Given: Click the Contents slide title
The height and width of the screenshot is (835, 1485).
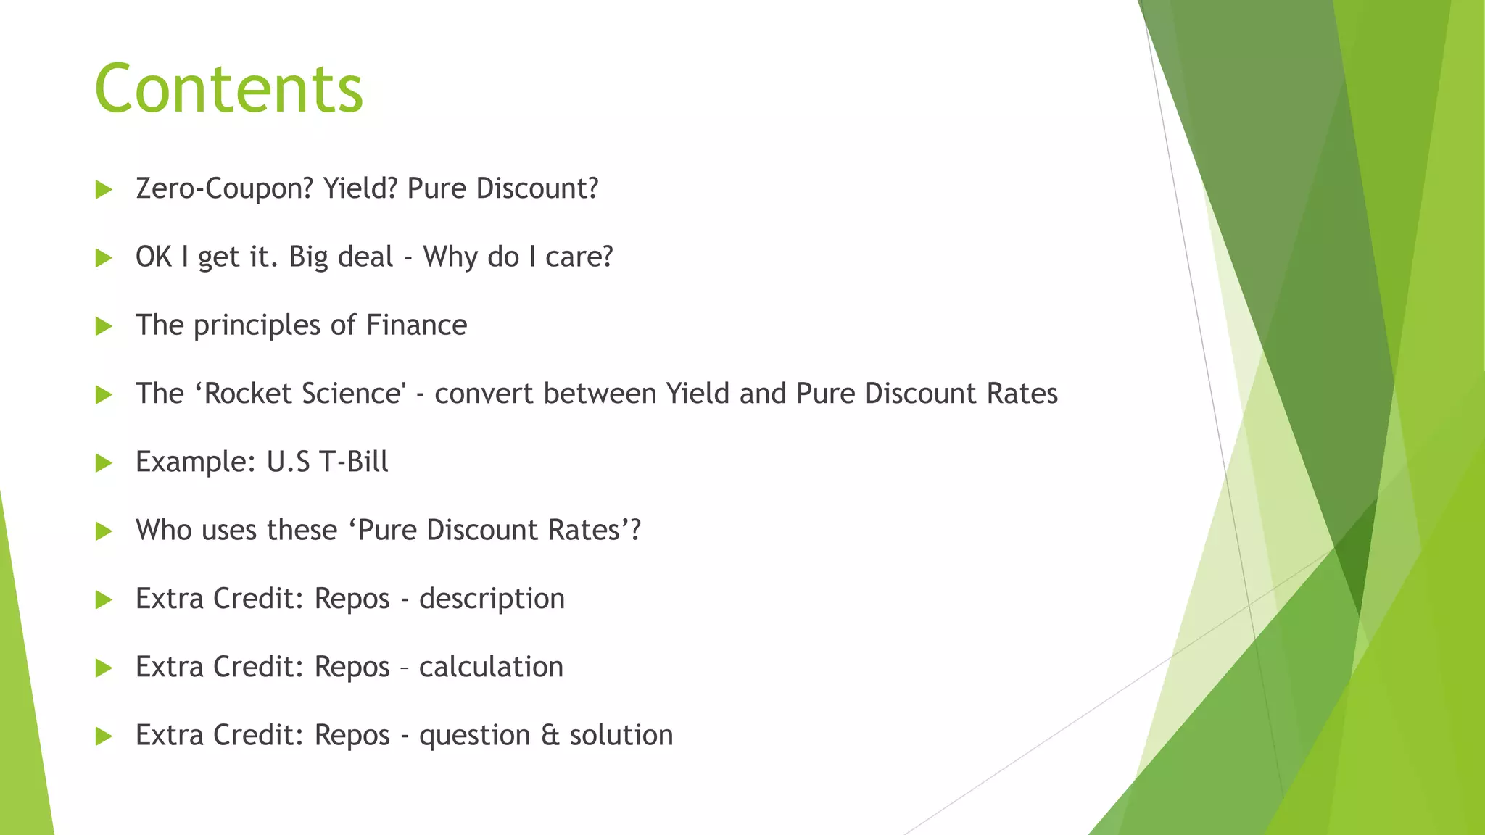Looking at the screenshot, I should [228, 88].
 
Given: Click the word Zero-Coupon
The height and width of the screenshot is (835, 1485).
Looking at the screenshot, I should [224, 188].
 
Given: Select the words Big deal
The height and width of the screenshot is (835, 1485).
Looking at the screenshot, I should [341, 257].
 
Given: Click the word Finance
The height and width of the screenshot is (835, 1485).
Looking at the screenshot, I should [416, 325].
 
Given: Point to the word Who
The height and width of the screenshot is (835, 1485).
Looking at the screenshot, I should [164, 531].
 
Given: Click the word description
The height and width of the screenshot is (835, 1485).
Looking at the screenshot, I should [492, 599].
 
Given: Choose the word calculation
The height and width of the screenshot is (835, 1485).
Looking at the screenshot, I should [491, 668].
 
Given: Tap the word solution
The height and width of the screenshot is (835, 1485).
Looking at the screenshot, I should [621, 736].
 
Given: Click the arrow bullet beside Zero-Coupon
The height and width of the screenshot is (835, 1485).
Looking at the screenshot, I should [104, 190].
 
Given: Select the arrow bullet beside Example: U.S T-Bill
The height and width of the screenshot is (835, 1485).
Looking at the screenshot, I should [104, 463].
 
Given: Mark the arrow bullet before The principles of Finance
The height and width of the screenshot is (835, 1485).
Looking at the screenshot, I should [104, 327].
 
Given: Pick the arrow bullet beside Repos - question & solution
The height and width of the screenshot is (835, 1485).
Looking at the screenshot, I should [104, 737].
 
